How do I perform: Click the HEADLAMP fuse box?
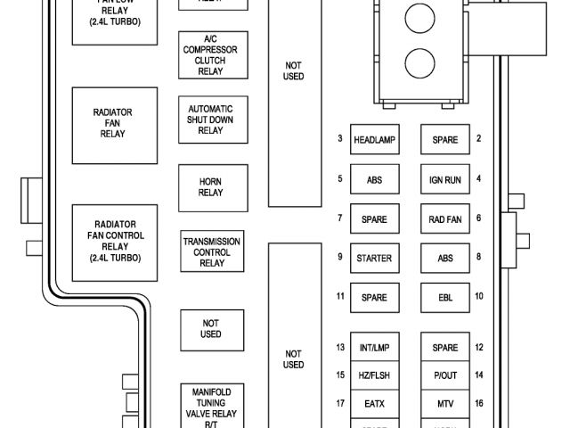[374, 140]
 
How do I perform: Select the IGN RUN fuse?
[444, 179]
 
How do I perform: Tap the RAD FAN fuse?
[444, 218]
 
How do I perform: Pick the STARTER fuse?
[374, 259]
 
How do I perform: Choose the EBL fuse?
[444, 297]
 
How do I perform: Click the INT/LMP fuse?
[374, 347]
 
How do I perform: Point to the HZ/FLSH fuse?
[374, 375]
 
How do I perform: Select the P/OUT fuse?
[444, 375]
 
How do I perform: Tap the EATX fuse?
[374, 404]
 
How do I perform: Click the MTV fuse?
[444, 404]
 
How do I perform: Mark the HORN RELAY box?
[211, 186]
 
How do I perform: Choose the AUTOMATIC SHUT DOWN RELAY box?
[211, 119]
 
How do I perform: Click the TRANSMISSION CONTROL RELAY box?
[211, 252]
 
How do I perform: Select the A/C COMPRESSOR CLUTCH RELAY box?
[211, 55]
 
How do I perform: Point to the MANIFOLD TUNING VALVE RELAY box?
[211, 407]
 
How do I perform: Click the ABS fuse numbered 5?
[374, 179]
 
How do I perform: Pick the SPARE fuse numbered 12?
[444, 347]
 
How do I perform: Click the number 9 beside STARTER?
[340, 258]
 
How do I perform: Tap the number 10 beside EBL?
[478, 296]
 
